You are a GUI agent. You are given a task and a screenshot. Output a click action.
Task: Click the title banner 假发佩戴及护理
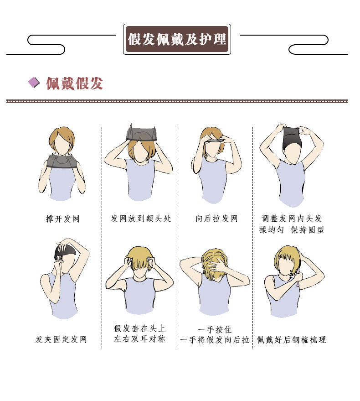tap(177, 39)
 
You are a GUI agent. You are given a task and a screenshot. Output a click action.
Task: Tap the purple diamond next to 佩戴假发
tap(34, 83)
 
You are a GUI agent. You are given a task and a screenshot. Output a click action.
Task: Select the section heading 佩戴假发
tap(75, 83)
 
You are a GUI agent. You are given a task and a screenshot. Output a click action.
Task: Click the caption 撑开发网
tap(63, 219)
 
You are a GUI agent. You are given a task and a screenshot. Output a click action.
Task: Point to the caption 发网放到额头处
tap(140, 219)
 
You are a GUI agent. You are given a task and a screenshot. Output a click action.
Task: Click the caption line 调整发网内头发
tap(292, 219)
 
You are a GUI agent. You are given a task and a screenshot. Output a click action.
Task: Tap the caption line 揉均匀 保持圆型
tap(292, 230)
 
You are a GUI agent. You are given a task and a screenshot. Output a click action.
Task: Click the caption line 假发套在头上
tap(139, 328)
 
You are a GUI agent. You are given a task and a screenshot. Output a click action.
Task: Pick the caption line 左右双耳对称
tap(139, 339)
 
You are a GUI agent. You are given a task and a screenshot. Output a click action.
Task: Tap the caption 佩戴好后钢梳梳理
tap(292, 340)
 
